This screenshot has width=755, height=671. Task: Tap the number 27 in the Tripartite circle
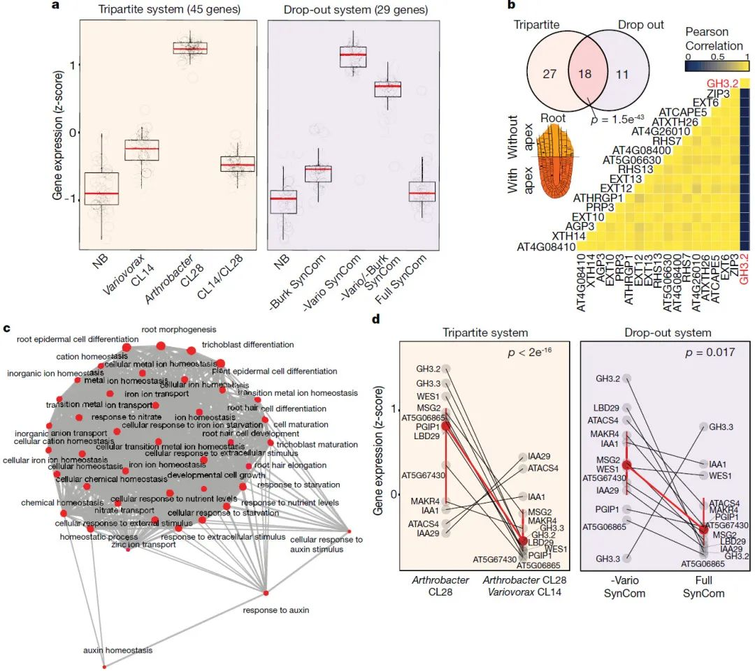549,74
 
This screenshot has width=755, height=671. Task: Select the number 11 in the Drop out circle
621,74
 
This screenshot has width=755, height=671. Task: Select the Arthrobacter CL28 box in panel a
190,49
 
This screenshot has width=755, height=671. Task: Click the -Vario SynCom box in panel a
353,55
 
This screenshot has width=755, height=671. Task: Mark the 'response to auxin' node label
275,610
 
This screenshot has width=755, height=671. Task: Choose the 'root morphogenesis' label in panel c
179,329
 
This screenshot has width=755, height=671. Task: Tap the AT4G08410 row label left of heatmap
545,246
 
